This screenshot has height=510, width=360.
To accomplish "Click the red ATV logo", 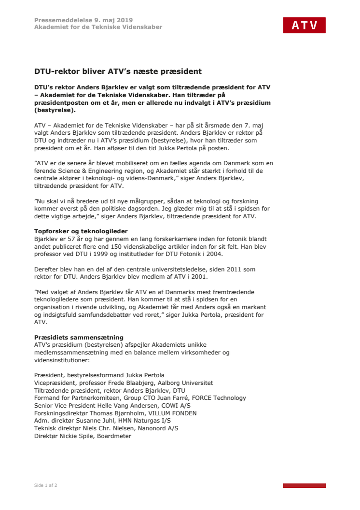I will pos(304,25).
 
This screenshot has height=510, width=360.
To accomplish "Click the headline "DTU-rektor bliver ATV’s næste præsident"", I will pos(118,71).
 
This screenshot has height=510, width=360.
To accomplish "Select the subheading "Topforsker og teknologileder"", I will pos(74,231).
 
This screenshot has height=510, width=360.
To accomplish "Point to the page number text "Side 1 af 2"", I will pos(46,485).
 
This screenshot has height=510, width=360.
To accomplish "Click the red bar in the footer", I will pos(304,485).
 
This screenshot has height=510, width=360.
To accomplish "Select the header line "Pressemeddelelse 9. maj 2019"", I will pos(83,20).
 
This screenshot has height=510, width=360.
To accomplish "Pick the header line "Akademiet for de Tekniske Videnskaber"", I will pos(98,27).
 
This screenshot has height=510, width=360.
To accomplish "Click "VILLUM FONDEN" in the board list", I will pos(169,413).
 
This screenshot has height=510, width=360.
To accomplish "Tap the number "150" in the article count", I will pos(119,246).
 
